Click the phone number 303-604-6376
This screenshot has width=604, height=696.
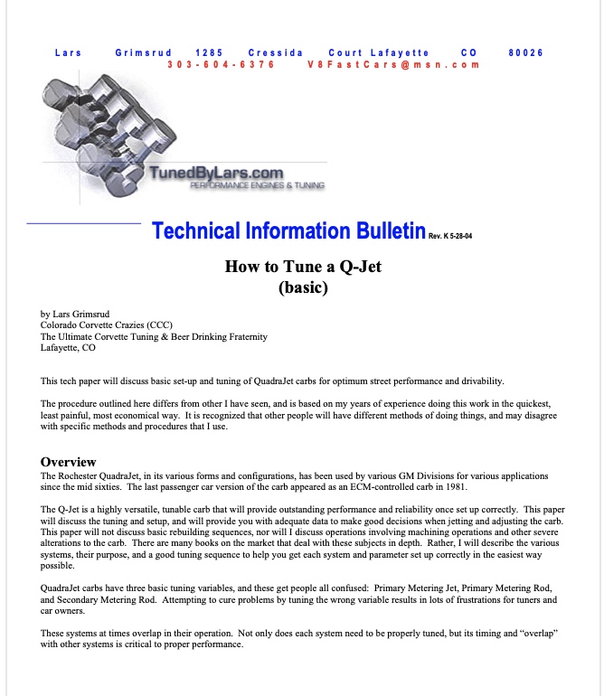coord(222,65)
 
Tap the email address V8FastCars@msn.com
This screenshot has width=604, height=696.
coord(393,65)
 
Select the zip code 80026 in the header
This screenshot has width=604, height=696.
coord(525,52)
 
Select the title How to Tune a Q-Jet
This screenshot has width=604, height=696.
coord(302,268)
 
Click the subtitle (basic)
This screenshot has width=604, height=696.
coord(302,289)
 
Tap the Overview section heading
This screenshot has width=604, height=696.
coord(68,462)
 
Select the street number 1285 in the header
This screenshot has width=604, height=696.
coord(210,52)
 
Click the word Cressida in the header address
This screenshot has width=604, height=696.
coord(275,52)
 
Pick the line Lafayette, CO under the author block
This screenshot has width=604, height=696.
coord(68,348)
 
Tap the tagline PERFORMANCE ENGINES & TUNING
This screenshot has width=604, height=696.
coord(257,185)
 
